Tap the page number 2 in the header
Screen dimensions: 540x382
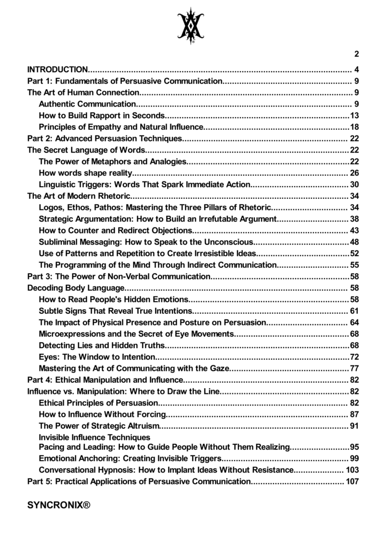tap(357, 54)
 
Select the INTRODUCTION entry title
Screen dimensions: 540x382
tap(58, 70)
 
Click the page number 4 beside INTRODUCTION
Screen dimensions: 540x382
tap(357, 70)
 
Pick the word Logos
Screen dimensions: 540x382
tap(51, 207)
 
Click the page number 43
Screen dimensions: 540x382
tap(355, 230)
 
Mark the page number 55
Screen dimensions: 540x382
tap(355, 265)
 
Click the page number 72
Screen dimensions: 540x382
tap(355, 357)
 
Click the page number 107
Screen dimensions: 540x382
tap(352, 481)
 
